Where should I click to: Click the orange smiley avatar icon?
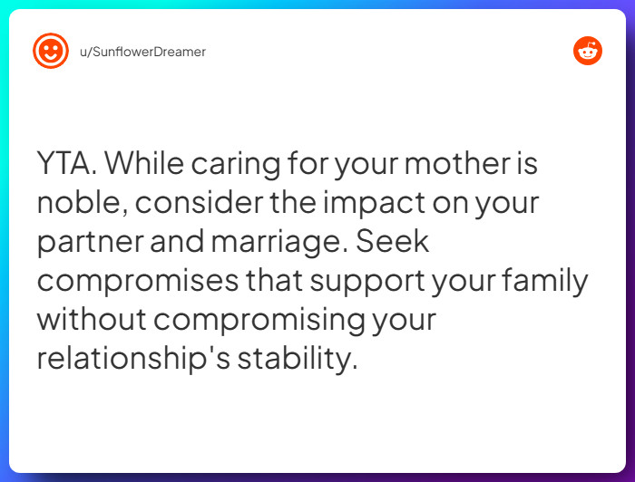pyautogui.click(x=50, y=52)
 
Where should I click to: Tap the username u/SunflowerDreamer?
pyautogui.click(x=143, y=52)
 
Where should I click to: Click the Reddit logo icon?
pyautogui.click(x=588, y=51)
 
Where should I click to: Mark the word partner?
pyautogui.click(x=89, y=243)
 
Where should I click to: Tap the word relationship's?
pyautogui.click(x=132, y=359)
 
